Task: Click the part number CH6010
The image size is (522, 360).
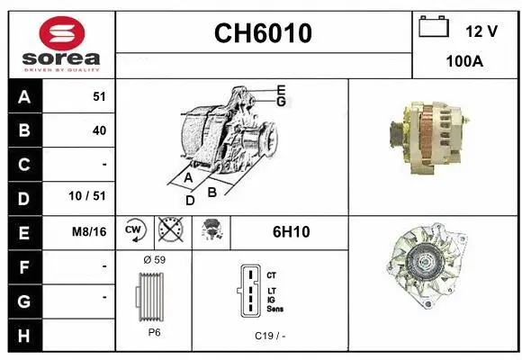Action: pos(263,33)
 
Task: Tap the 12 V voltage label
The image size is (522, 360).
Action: pos(481,31)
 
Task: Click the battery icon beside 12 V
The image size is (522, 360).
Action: pos(434,29)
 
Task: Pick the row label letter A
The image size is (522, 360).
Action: pos(23,97)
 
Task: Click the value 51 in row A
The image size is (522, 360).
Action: pos(99,97)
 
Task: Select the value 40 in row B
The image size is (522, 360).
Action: pos(99,130)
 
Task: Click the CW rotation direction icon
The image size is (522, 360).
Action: pos(134,231)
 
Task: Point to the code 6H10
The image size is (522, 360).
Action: pos(291,231)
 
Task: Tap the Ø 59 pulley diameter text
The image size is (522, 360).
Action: pos(154,260)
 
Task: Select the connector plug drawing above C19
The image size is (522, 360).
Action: pos(248,292)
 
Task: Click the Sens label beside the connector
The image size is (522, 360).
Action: pos(275,309)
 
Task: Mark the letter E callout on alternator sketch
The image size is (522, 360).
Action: pos(281,89)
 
